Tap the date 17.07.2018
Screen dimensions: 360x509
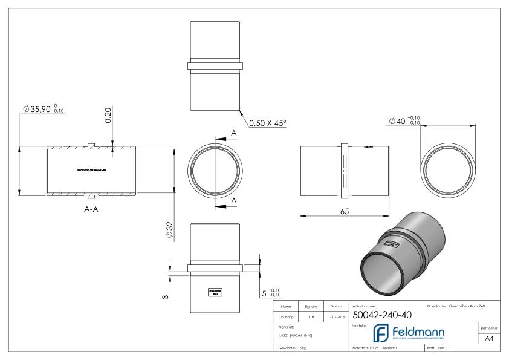pyautogui.click(x=337, y=316)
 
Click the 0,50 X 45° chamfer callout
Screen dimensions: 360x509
pyautogui.click(x=268, y=122)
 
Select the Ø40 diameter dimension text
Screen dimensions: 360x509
pyautogui.click(x=404, y=121)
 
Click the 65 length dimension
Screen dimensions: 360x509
pyautogui.click(x=345, y=211)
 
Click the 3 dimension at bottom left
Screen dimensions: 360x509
pyautogui.click(x=166, y=296)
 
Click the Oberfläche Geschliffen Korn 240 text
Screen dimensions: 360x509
pyautogui.click(x=459, y=306)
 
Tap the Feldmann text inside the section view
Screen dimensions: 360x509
pyautogui.click(x=92, y=170)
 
